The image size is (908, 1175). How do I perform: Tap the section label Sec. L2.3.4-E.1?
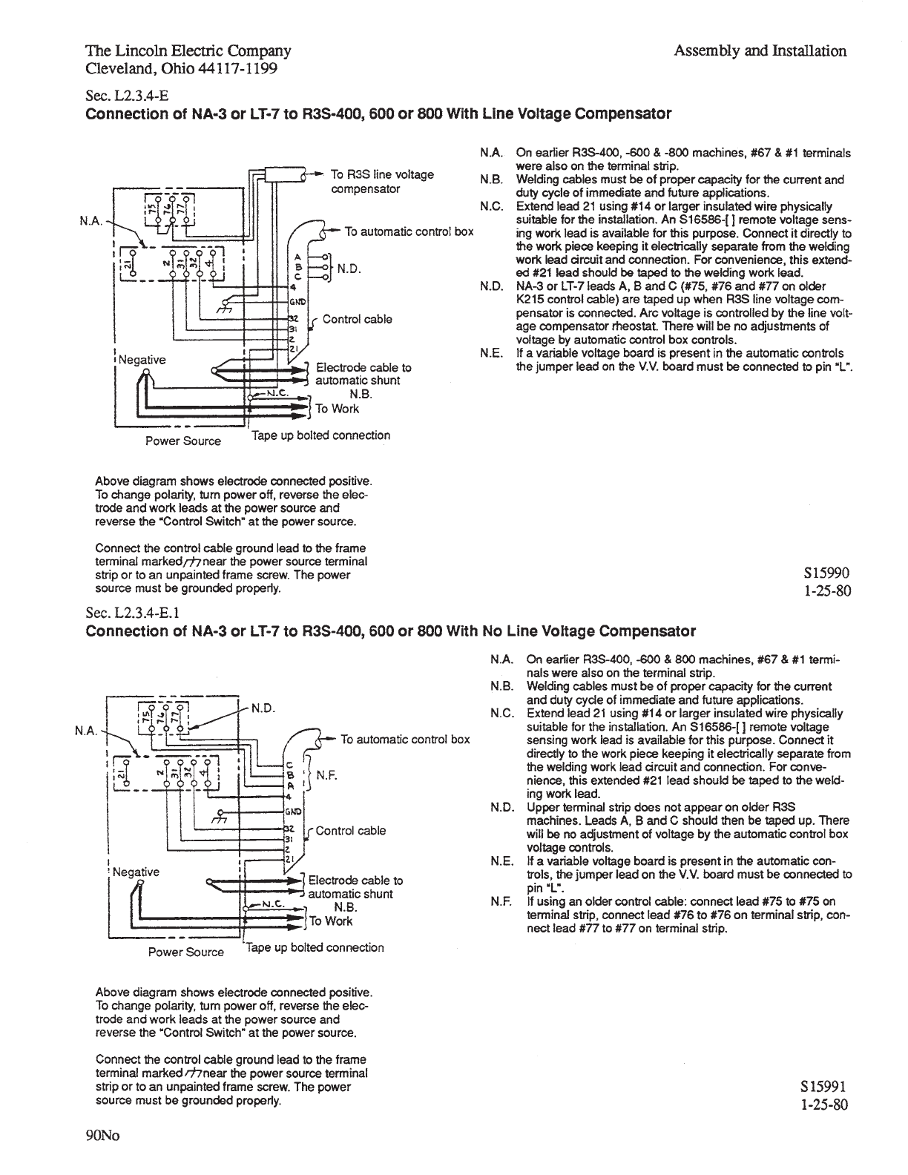(x=134, y=613)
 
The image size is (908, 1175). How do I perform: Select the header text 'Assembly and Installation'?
(x=760, y=51)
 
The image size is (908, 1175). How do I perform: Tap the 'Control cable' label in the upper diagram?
(x=358, y=319)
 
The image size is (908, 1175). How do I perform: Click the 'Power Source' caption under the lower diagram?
(x=185, y=952)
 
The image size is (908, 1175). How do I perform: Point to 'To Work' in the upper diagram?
(x=338, y=409)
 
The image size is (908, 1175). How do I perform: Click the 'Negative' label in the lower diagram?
(x=136, y=872)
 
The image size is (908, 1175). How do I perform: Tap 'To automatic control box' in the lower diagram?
(x=405, y=739)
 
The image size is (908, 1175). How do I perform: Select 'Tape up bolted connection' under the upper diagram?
(x=320, y=435)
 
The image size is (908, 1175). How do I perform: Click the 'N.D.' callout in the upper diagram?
(x=349, y=269)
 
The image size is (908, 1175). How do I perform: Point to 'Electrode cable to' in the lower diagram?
(x=355, y=880)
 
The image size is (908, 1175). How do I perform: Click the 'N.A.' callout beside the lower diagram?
(x=88, y=730)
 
